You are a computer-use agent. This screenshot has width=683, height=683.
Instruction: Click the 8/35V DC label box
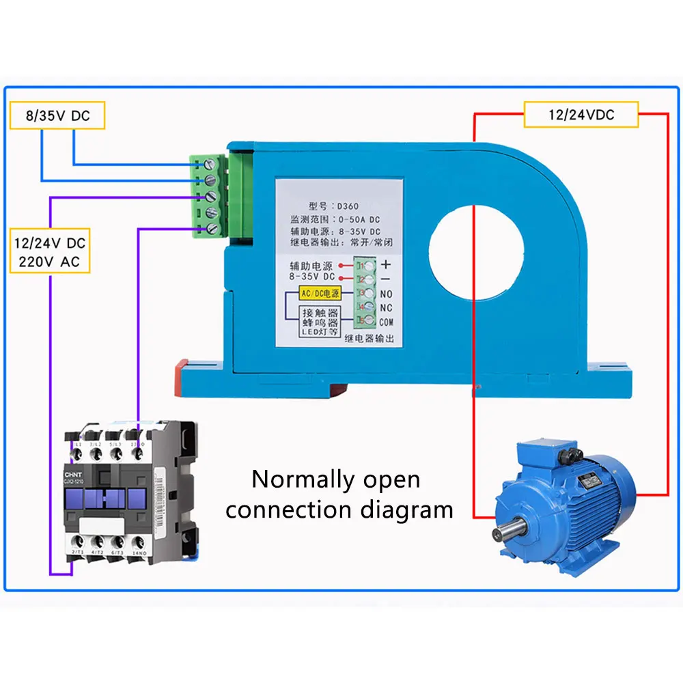pos(58,115)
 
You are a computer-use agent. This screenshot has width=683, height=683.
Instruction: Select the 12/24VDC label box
pos(581,115)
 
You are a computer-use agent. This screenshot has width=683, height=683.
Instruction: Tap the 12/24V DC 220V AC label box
pos(51,251)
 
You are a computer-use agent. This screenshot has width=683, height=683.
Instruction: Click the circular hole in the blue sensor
pos(476,245)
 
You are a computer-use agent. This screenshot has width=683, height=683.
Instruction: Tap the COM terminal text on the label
pos(387,322)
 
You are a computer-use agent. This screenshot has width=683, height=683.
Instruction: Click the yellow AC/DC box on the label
pos(320,294)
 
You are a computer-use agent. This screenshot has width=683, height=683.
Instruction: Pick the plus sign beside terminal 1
pos(386,264)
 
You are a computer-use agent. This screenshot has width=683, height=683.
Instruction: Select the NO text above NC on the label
pos(386,294)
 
